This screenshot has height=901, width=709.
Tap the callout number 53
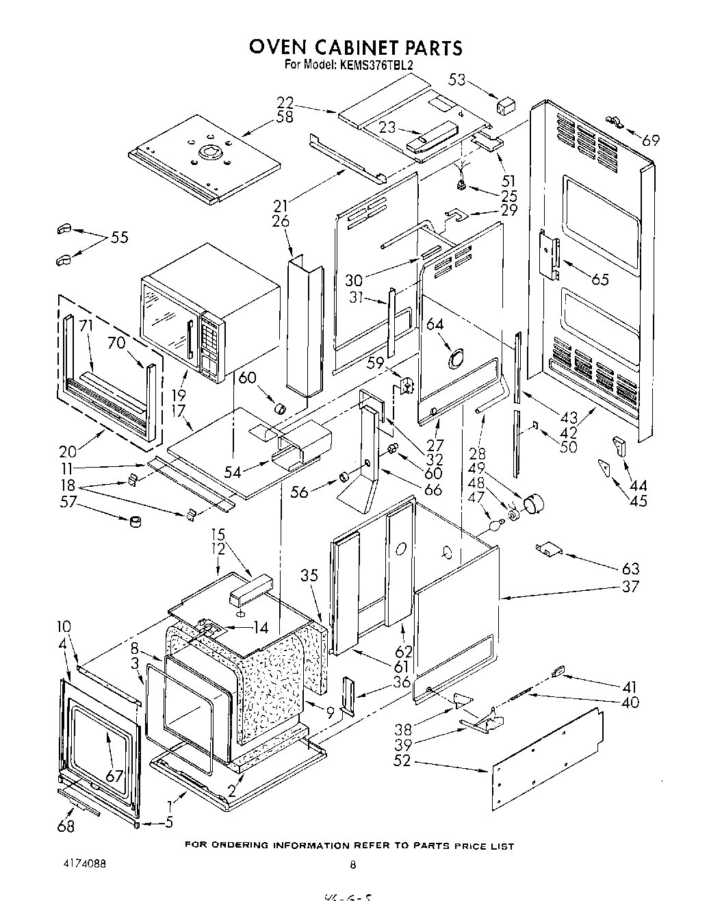(x=457, y=80)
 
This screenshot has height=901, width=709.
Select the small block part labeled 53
(x=506, y=105)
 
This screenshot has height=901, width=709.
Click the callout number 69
(x=651, y=140)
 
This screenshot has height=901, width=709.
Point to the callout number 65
(x=600, y=279)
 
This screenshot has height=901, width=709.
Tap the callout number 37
(x=630, y=586)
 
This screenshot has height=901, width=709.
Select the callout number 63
(x=630, y=568)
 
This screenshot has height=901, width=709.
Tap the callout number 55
(x=119, y=238)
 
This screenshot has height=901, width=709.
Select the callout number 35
(x=309, y=575)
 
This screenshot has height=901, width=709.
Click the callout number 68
(x=66, y=826)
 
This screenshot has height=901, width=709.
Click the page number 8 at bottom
(x=353, y=865)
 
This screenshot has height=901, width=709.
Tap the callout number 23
(x=387, y=127)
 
